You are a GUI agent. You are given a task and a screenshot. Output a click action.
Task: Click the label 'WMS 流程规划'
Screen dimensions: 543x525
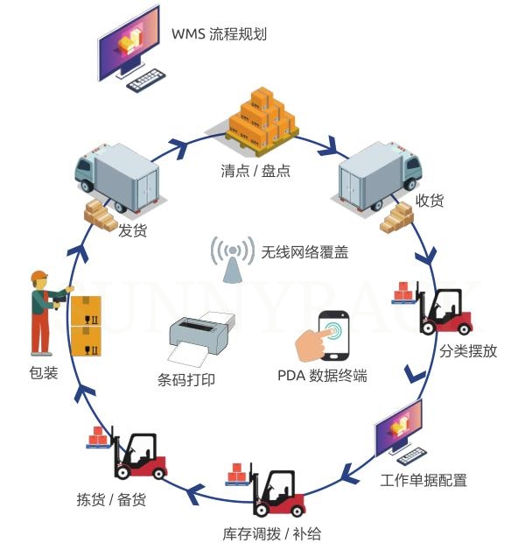(219, 35)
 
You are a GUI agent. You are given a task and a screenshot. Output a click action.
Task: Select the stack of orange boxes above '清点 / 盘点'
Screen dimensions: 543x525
(262, 116)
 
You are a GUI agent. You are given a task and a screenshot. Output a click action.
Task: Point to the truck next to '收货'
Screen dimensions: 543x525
(381, 174)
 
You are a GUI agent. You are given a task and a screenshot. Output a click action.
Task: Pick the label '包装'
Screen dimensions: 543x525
(43, 373)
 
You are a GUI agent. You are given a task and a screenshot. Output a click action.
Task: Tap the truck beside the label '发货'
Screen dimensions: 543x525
(117, 176)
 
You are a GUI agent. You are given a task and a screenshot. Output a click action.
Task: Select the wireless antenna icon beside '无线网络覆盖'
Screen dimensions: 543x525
(232, 258)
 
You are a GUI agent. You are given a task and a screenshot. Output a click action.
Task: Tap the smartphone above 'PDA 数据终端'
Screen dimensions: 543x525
(334, 336)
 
